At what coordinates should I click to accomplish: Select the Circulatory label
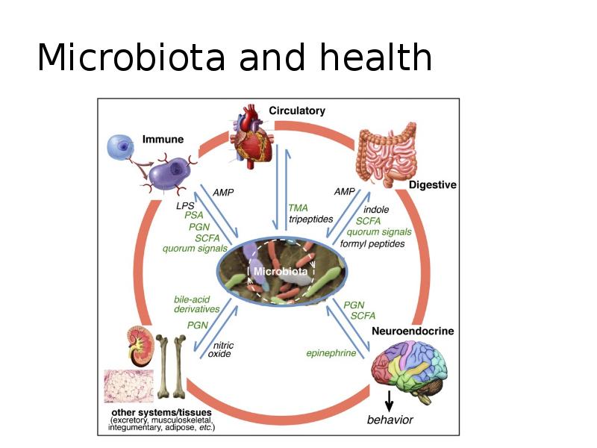(x=297, y=111)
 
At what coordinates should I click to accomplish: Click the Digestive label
(x=433, y=184)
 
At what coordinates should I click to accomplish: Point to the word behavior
(x=390, y=420)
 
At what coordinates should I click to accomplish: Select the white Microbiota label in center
(x=280, y=271)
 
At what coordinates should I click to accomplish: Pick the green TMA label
(x=298, y=208)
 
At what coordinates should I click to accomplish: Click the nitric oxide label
(x=222, y=349)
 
